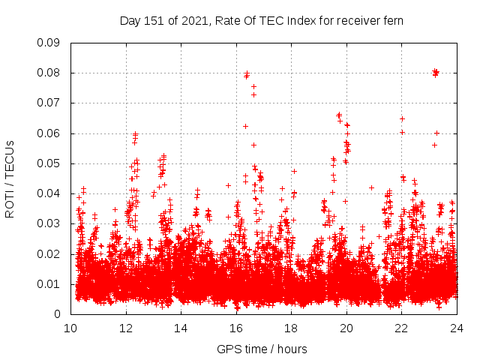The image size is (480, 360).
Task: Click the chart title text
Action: click(262, 21)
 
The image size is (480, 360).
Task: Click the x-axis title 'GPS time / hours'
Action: click(262, 349)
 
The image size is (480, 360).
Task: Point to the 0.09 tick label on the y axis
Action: click(49, 43)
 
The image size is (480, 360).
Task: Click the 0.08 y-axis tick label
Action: click(49, 73)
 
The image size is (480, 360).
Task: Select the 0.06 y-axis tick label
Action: click(49, 133)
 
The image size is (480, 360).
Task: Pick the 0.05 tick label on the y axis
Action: click(49, 163)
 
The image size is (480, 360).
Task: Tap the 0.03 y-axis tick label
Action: click(49, 223)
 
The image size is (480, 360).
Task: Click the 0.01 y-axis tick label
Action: click(49, 284)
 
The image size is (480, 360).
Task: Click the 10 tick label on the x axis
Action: click(71, 328)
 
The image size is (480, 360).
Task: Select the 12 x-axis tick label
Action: click(126, 328)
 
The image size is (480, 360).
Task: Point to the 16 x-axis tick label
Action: click(236, 328)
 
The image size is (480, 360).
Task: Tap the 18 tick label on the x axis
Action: click(291, 328)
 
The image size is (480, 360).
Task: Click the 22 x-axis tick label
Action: click(401, 328)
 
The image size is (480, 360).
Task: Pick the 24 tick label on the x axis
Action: click(456, 328)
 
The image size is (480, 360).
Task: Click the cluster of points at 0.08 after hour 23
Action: click(436, 73)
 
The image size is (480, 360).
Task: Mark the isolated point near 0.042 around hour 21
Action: click(371, 187)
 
